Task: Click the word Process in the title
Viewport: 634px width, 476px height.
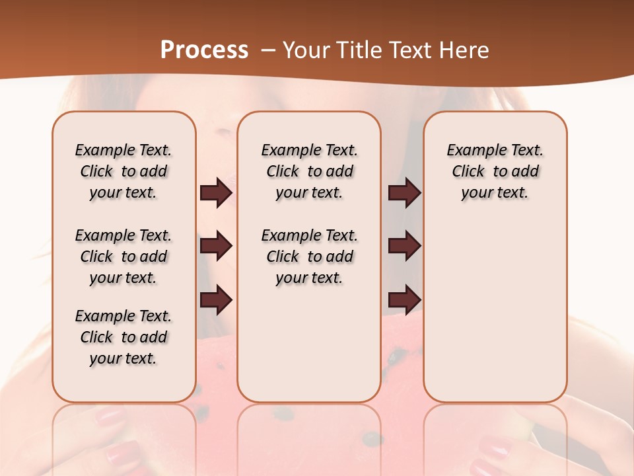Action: coord(204,50)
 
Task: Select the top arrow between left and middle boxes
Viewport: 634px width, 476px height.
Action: coord(216,193)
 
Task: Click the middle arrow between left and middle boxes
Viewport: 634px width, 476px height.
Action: coord(216,246)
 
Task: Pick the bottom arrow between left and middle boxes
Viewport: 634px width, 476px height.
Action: coord(216,299)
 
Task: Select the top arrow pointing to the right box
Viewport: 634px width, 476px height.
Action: coord(404,193)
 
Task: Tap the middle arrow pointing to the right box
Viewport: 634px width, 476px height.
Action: coord(404,246)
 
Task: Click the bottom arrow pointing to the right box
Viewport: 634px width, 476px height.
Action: coord(404,299)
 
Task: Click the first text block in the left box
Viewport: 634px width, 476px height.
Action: coord(123,171)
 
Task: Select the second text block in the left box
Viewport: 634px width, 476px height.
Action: coord(123,257)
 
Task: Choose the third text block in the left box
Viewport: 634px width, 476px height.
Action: coord(123,337)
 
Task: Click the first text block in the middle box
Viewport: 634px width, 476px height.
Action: coord(309,171)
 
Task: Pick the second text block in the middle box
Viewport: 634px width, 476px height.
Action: coord(309,257)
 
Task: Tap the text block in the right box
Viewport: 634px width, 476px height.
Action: coord(495,171)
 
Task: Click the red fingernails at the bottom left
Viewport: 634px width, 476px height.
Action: coord(109,418)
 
